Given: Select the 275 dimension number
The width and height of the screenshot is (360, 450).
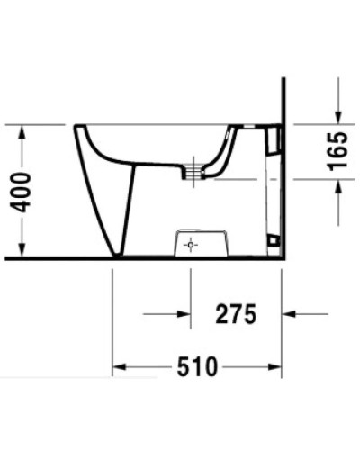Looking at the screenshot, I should coord(236,314).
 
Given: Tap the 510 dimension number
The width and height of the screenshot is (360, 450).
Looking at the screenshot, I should coord(198,367).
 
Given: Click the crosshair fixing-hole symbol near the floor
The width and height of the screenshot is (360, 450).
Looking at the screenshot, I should coord(190,244).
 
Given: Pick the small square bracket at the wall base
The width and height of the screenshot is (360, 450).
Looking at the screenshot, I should coord(272,240).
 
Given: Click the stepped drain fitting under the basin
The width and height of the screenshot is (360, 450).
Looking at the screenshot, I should coord(189,170).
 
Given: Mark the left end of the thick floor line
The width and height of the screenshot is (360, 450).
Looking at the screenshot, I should coord(7,258).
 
